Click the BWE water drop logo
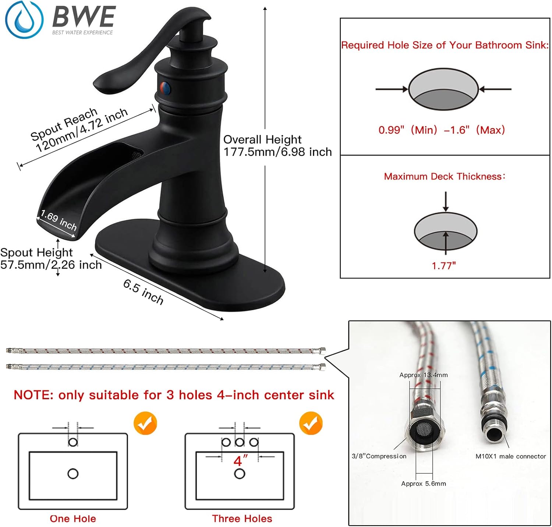click(24, 20)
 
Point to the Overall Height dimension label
click(277, 146)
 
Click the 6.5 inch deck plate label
click(144, 291)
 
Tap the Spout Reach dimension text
click(79, 129)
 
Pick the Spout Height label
click(51, 258)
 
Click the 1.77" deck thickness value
click(444, 266)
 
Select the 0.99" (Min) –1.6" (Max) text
click(442, 130)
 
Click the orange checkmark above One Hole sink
click(145, 423)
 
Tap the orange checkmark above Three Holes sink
click(311, 423)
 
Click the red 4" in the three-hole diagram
click(240, 460)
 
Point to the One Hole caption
click(73, 519)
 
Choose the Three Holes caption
click(242, 519)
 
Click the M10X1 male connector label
click(511, 456)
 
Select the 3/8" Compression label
click(379, 456)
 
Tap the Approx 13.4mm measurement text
click(424, 375)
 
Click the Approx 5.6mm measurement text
click(424, 484)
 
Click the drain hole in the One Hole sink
click(73, 474)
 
